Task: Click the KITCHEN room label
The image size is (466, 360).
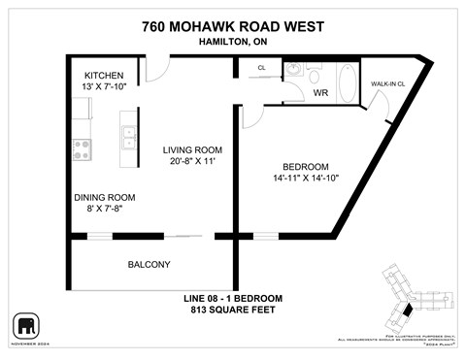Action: (x=104, y=75)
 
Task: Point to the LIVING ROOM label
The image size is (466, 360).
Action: (x=192, y=149)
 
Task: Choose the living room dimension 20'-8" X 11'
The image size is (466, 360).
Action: (x=192, y=162)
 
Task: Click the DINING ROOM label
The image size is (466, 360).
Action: (x=104, y=196)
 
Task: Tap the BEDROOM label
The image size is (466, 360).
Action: (x=306, y=166)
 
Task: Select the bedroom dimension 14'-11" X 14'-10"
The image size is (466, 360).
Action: (x=306, y=179)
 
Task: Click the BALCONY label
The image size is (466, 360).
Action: (x=149, y=265)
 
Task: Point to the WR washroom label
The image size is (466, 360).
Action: (x=321, y=93)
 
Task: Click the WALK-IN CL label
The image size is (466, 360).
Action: (x=387, y=84)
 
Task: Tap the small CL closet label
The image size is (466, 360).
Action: (x=262, y=68)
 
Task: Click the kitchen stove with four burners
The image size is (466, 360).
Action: (x=82, y=148)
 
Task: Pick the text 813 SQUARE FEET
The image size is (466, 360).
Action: (x=233, y=310)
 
